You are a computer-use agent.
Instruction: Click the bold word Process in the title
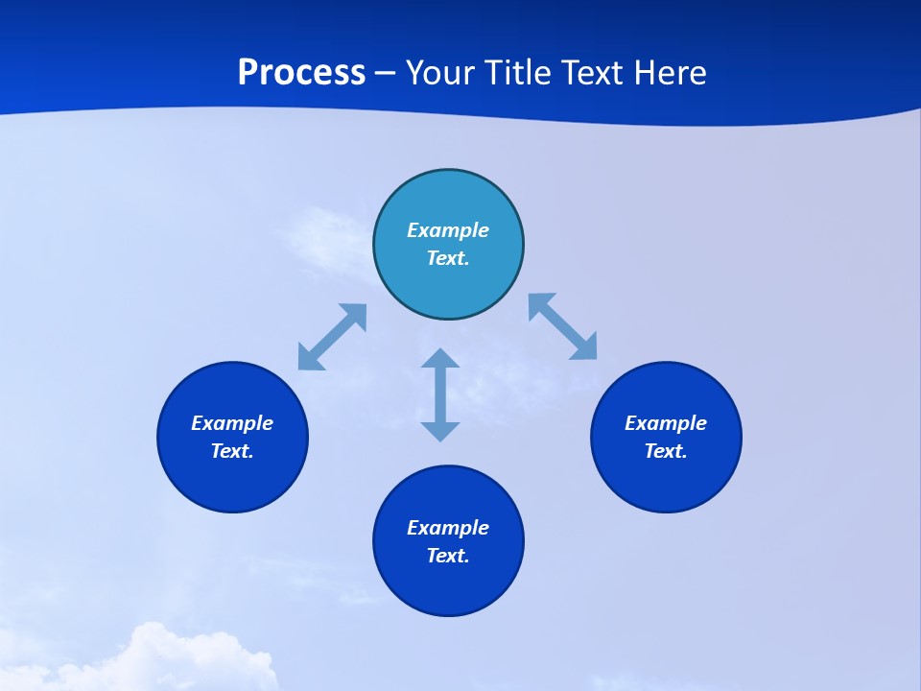click(x=301, y=73)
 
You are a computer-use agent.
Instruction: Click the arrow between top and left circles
click(x=332, y=337)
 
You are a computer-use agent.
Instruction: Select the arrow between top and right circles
click(x=563, y=326)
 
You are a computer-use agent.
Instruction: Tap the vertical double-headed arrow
click(x=440, y=394)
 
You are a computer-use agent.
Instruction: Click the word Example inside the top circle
click(x=448, y=230)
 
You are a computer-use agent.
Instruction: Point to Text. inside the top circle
click(x=448, y=258)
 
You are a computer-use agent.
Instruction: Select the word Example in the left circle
click(x=232, y=423)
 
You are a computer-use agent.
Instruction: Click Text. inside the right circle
click(x=666, y=451)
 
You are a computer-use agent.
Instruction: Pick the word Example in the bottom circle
click(x=448, y=528)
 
